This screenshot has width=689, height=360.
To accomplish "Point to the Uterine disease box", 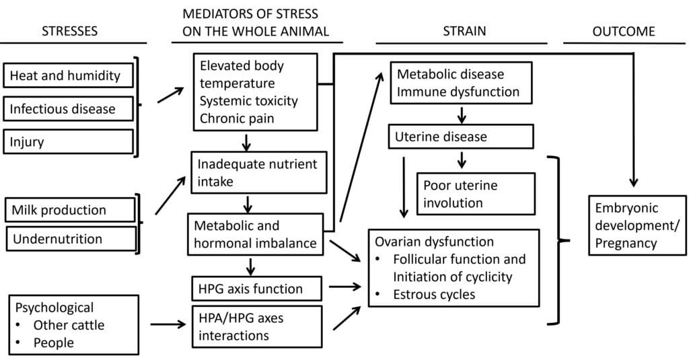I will [461, 137].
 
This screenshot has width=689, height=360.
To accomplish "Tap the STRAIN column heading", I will [464, 31].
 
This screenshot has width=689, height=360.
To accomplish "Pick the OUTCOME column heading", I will [623, 31].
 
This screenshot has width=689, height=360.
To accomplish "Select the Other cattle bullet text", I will [69, 326].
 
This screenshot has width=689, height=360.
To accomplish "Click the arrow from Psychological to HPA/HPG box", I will [168, 325].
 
